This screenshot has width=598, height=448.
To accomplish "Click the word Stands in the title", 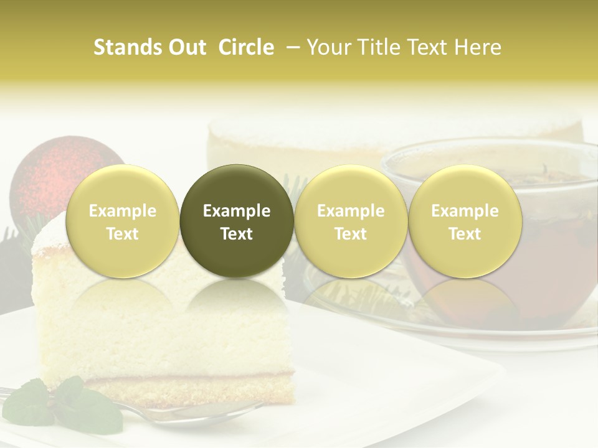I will click(x=128, y=47).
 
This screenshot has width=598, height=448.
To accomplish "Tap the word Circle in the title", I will click(x=246, y=47).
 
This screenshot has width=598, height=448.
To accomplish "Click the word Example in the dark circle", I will click(x=237, y=211).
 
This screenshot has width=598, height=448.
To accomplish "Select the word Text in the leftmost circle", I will click(x=123, y=234).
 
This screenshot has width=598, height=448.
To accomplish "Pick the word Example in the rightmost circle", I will click(x=465, y=211).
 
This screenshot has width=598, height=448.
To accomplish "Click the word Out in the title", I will click(x=187, y=47).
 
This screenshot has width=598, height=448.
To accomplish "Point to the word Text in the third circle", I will click(x=351, y=234).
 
